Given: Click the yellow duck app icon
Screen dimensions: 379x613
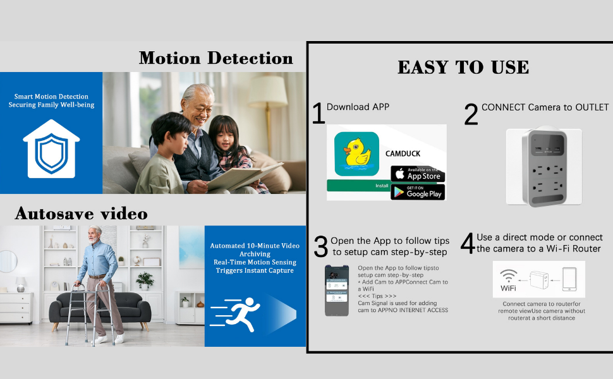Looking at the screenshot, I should [x=356, y=153].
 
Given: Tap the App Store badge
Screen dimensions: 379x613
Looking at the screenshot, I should [x=417, y=174].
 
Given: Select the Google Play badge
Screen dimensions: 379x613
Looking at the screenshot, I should [x=417, y=192].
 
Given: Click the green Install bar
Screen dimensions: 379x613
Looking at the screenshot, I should [x=358, y=186].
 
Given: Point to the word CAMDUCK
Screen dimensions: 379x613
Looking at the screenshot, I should [x=403, y=153].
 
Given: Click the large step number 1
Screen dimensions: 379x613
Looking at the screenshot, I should [x=319, y=114].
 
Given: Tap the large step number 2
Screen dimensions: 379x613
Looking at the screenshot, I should [x=471, y=115].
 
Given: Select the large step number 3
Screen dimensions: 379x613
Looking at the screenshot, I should [x=321, y=246].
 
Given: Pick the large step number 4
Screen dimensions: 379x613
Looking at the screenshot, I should [x=468, y=244].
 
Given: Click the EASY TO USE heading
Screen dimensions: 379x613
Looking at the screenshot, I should [x=463, y=68].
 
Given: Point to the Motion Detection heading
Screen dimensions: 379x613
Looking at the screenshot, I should [x=216, y=58].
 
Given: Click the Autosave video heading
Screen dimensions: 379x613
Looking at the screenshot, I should [x=82, y=213].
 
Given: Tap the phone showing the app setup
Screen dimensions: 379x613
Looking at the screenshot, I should [x=336, y=290].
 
